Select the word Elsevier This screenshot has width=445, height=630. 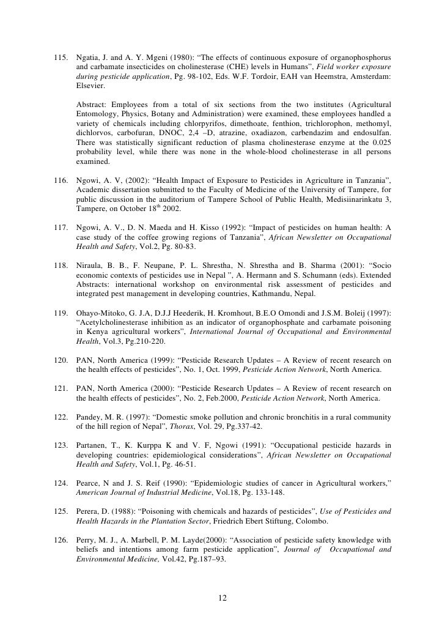pyautogui.click(x=91, y=86)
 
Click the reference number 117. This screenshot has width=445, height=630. pyautogui.click(x=62, y=228)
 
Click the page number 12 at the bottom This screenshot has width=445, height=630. pyautogui.click(x=223, y=598)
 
